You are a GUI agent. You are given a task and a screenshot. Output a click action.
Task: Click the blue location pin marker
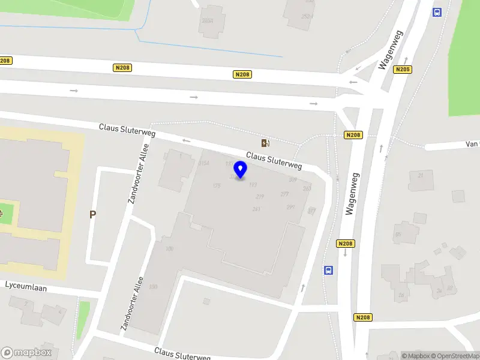(241, 170)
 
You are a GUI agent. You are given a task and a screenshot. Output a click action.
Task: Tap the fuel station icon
(265, 143)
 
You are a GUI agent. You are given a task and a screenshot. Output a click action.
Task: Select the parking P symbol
(92, 214)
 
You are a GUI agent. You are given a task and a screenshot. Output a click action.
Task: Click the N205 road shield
(403, 70)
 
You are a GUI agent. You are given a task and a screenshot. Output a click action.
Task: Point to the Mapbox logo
(26, 353)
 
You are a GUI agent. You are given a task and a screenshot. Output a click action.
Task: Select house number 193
(253, 185)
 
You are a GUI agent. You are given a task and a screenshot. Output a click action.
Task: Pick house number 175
(217, 186)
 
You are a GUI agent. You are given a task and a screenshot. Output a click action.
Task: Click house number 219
(260, 197)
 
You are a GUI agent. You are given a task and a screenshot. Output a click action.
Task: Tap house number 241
(256, 209)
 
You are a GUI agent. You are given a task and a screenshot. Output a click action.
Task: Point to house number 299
(290, 207)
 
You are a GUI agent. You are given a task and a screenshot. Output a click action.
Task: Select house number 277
(284, 194)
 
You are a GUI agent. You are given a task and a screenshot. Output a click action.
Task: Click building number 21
(421, 175)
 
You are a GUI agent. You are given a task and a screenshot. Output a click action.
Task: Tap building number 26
(401, 295)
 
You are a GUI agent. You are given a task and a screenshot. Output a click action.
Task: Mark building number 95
(398, 234)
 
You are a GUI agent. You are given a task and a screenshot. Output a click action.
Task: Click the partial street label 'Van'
(472, 144)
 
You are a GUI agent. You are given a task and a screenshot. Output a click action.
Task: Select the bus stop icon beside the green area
(437, 12)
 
